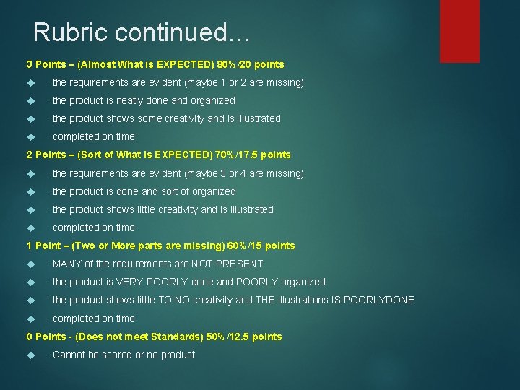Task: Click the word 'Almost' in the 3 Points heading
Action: pyautogui.click(x=99, y=64)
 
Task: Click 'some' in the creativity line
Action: pyautogui.click(x=149, y=118)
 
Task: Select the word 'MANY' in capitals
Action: pyautogui.click(x=66, y=264)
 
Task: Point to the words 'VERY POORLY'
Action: pyautogui.click(x=150, y=282)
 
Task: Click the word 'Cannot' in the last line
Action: pyautogui.click(x=69, y=355)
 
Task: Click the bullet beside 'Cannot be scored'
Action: pyautogui.click(x=31, y=355)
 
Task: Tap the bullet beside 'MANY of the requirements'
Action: pyautogui.click(x=31, y=264)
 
